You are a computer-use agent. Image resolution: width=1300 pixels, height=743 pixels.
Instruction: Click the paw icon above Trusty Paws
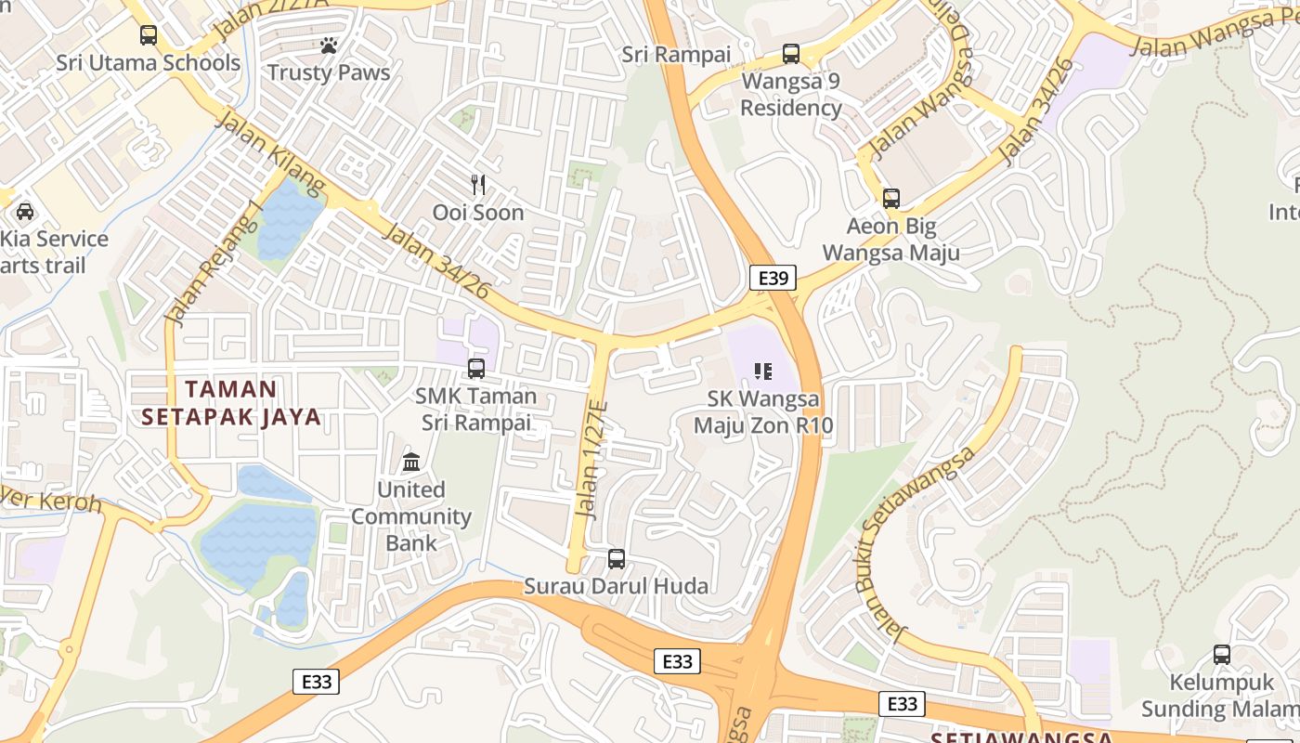click(x=328, y=45)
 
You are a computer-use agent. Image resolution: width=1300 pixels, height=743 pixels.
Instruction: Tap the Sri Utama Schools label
click(x=149, y=63)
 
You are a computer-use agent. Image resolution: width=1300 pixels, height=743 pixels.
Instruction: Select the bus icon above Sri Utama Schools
click(x=149, y=35)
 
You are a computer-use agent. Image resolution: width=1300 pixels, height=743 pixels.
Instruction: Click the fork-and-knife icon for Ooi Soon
click(x=478, y=185)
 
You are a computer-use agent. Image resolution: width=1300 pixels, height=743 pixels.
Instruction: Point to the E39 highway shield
click(x=773, y=278)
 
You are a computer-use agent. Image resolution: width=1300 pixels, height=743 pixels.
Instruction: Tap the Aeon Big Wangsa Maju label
click(x=891, y=239)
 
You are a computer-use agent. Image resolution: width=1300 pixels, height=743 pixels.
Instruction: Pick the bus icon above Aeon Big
click(x=891, y=198)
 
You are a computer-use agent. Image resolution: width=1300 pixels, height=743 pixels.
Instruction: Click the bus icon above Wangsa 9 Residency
click(x=791, y=54)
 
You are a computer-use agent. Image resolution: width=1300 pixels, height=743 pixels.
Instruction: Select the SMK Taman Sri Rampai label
click(x=476, y=409)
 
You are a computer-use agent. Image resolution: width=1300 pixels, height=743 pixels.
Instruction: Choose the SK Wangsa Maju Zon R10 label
click(x=763, y=412)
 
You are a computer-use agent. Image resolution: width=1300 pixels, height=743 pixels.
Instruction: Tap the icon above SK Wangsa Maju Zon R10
click(x=763, y=372)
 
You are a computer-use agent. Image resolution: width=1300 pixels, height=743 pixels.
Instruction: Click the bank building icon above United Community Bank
click(x=411, y=462)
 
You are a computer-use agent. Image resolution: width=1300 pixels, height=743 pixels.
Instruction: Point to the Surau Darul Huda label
click(x=616, y=586)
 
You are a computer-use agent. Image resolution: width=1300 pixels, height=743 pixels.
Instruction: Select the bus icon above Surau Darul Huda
click(x=616, y=559)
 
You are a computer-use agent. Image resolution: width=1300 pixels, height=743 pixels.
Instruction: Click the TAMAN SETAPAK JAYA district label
click(x=231, y=402)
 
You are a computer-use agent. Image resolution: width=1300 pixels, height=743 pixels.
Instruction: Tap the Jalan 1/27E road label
click(x=591, y=460)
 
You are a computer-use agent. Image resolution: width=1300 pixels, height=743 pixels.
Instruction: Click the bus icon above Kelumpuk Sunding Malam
click(x=1222, y=655)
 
